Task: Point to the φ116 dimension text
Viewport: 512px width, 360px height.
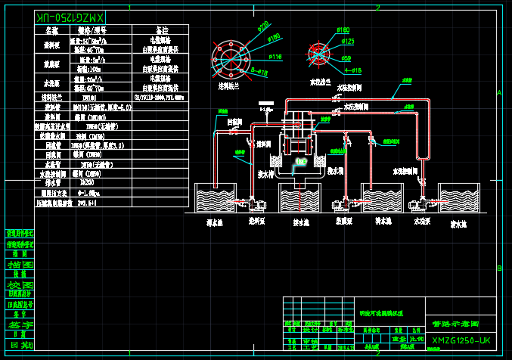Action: point(275,57)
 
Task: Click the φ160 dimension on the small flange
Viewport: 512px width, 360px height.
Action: point(342,29)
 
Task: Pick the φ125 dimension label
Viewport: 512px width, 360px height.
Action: point(349,41)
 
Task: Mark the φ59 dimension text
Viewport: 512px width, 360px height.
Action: point(346,57)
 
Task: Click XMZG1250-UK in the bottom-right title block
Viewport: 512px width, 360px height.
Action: point(461,341)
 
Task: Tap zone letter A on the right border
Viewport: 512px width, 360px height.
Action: point(499,92)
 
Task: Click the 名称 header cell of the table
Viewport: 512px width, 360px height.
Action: point(51,31)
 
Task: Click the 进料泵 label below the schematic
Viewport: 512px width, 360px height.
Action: point(257,222)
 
